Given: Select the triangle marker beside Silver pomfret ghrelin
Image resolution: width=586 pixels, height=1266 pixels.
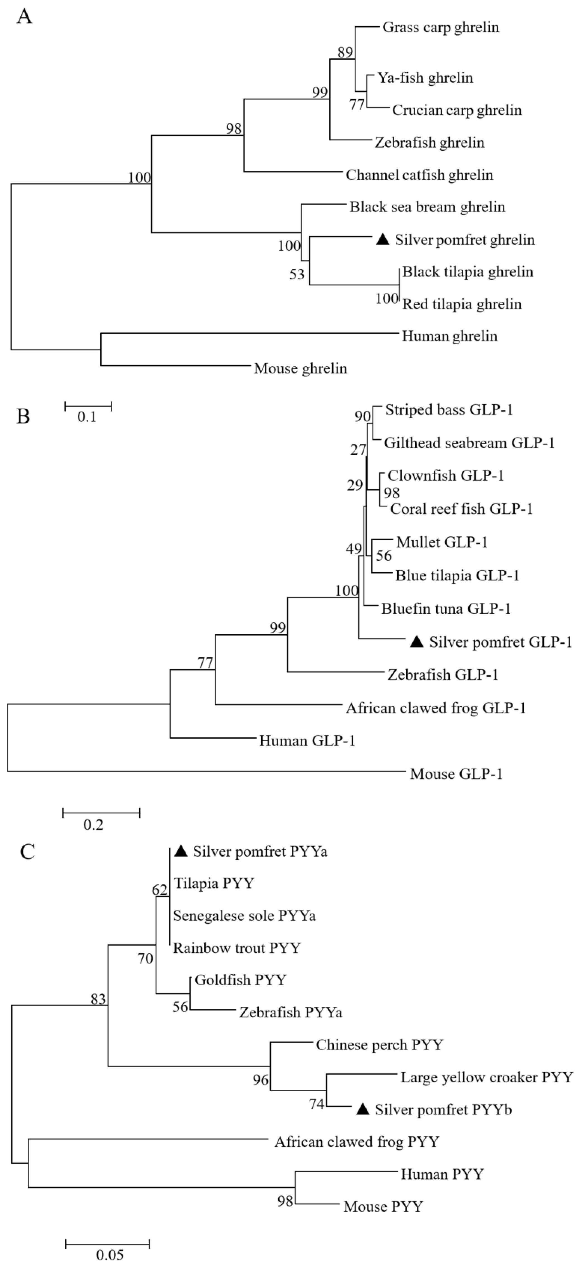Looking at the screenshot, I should coord(383,240).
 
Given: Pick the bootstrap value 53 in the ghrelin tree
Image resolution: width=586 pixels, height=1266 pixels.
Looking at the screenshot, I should coord(297,274).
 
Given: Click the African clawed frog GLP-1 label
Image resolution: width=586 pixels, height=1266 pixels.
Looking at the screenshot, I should coord(435,708).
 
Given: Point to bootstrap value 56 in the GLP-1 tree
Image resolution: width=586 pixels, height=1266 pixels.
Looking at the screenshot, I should coord(384,556).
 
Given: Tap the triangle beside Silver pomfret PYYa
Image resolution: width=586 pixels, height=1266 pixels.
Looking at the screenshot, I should coord(182,852).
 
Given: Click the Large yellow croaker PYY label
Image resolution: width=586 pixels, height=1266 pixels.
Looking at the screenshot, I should coord(487,1078).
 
